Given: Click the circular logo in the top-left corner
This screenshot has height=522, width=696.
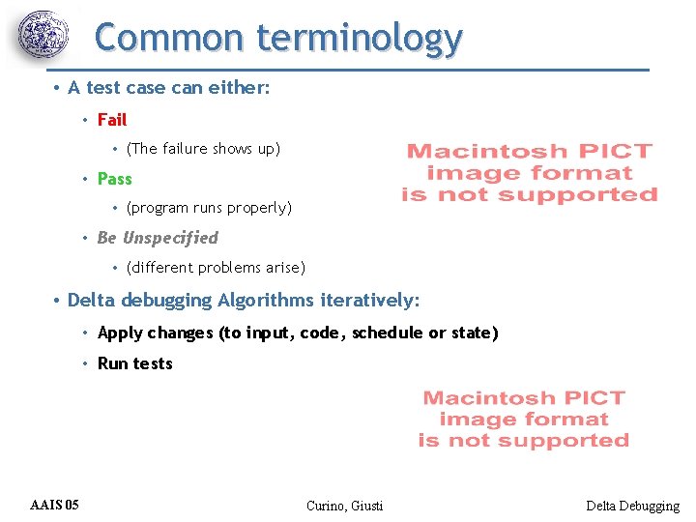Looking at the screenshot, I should point(43,36).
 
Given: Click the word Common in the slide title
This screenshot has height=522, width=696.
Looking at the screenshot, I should point(170,39).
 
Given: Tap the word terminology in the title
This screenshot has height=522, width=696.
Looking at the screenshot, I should point(360,39).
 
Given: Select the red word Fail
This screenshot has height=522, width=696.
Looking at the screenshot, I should point(112,120).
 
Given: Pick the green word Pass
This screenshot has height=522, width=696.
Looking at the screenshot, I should point(114,179).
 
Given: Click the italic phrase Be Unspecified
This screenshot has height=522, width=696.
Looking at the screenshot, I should point(158,238).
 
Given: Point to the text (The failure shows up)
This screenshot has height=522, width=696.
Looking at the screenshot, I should point(203,149).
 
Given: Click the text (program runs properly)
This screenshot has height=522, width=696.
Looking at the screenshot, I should point(209,208).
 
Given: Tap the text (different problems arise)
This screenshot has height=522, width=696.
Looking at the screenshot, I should point(216,268).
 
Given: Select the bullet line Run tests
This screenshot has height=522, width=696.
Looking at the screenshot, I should point(135,364).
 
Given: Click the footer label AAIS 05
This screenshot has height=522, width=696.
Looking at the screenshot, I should point(55,505).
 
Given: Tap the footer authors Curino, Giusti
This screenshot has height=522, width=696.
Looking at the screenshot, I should point(344,506).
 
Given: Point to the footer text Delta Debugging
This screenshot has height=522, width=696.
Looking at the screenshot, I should point(632,506).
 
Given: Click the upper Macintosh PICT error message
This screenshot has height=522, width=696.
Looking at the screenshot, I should point(529,173).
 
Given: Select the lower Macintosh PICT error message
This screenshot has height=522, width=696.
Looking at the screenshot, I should point(524,420).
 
